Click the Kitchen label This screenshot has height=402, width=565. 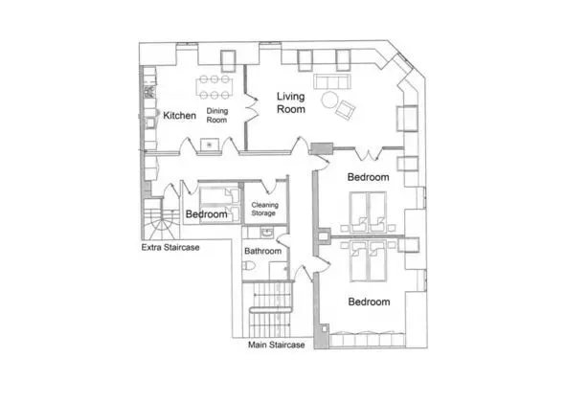coord(179,115)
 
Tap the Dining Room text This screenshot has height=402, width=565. coord(217,115)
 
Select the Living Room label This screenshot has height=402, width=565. coord(291,102)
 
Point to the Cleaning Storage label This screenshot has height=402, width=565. coord(265,209)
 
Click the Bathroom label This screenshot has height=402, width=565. coord(262,251)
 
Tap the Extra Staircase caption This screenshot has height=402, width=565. coord(170,248)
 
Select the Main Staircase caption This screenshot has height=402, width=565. coord(277,345)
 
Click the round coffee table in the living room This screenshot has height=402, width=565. coord(329,100)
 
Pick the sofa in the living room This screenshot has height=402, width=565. coord(332,81)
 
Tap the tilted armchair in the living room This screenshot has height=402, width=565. coord(345,110)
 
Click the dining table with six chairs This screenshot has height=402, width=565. coord(215,87)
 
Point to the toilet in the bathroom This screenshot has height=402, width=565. coord(248,266)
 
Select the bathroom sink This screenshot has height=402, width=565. coord(267,233)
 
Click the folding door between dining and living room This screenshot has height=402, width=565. coord(252,107)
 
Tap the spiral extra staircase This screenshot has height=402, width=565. coord(161,219)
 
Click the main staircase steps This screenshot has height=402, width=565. coord(270,310)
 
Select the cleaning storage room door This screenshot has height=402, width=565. coord(268,186)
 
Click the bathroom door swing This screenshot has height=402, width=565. coord(283,240)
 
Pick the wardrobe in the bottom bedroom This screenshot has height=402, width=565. coord(367,340)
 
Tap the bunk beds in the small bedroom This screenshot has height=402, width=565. coord(219,205)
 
